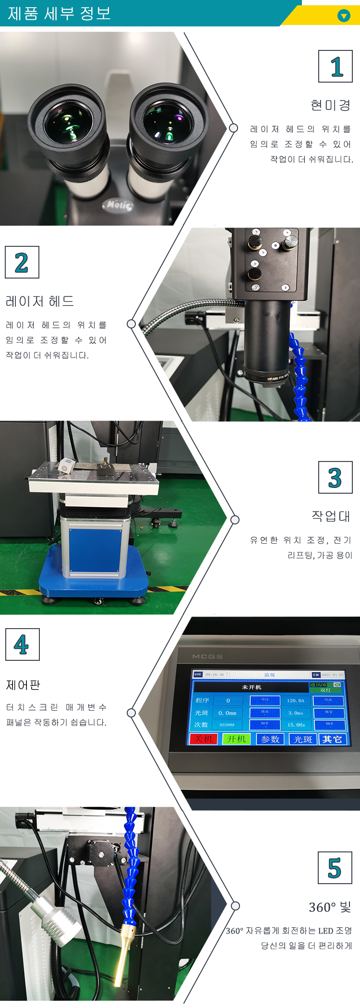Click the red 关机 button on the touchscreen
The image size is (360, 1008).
(204, 739)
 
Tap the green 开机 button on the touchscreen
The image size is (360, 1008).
(236, 739)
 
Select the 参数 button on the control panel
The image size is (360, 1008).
(270, 739)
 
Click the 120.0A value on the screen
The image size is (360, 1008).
(296, 701)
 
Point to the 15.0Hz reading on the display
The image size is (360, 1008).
(296, 725)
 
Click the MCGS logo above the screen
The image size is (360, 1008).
(207, 656)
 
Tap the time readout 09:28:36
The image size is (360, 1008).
(215, 675)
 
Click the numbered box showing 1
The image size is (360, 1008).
(336, 66)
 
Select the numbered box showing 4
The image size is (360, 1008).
(22, 644)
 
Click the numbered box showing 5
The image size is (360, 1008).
(335, 868)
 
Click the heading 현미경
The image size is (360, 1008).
(330, 105)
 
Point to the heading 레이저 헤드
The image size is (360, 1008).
(40, 301)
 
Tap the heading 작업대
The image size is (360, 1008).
(331, 516)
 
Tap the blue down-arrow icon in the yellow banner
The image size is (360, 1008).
(344, 16)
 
